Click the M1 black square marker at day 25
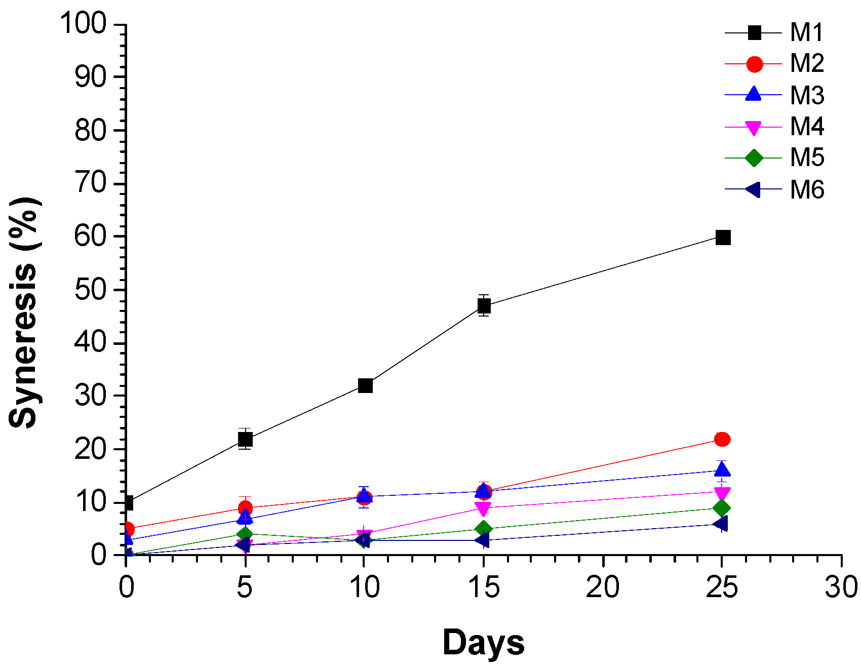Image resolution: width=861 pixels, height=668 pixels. click(x=723, y=237)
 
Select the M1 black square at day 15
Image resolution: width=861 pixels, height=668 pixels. click(x=484, y=306)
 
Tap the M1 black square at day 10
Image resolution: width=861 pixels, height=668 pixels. click(x=365, y=385)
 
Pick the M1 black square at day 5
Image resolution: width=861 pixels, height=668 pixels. click(x=245, y=439)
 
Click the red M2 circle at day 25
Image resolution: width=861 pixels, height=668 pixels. click(x=722, y=439)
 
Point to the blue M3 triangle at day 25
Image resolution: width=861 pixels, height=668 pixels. click(x=722, y=469)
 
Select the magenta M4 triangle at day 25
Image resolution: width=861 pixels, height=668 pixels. click(x=722, y=493)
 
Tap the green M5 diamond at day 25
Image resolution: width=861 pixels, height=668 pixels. click(x=722, y=508)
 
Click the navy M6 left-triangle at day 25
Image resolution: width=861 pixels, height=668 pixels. click(x=721, y=524)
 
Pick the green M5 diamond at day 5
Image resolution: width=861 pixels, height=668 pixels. click(x=245, y=534)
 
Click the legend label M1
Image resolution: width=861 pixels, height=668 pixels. click(x=807, y=33)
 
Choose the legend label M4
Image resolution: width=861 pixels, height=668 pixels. click(x=807, y=127)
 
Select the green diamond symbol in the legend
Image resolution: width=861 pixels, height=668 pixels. click(x=754, y=158)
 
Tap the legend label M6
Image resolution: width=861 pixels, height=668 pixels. click(x=807, y=190)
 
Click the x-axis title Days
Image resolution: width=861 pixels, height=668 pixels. click(x=483, y=643)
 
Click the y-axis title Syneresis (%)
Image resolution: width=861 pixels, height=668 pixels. click(x=24, y=312)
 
